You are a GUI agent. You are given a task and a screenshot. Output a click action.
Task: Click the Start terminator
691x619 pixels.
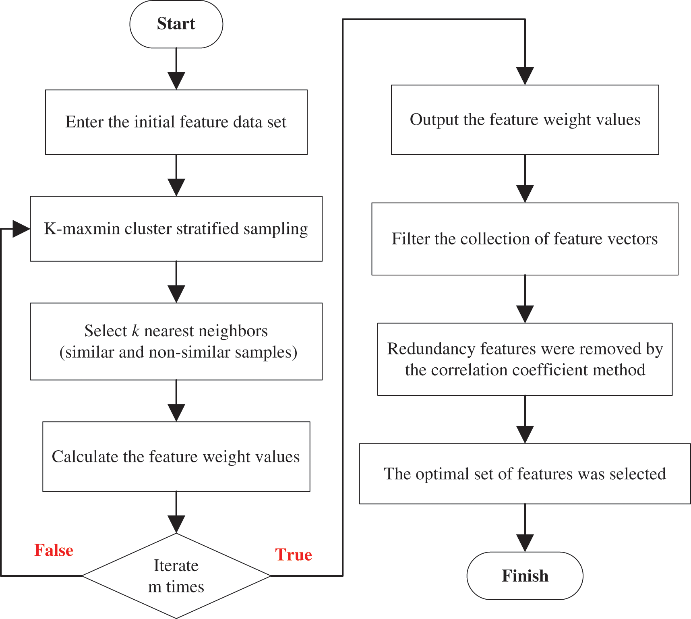point(176,24)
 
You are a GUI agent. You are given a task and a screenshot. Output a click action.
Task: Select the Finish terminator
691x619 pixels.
point(525,576)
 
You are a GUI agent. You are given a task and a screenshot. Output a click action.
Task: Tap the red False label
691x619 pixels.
point(54,550)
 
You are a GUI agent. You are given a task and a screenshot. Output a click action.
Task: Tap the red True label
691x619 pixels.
point(293,555)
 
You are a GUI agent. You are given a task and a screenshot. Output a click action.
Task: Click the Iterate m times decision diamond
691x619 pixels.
point(176,576)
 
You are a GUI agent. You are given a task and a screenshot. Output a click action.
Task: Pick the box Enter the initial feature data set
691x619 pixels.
point(176,122)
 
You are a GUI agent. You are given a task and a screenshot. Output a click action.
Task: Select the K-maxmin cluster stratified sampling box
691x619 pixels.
point(176,229)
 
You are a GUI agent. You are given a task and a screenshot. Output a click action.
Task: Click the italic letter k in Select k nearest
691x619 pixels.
point(136,331)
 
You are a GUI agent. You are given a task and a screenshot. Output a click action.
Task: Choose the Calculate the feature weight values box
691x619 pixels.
point(176,457)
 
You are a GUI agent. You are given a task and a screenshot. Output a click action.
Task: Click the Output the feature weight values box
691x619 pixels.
point(525,120)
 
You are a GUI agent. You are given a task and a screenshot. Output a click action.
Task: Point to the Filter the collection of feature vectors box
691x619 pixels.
point(525,239)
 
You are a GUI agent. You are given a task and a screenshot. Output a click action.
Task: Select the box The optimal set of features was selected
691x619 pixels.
point(525,474)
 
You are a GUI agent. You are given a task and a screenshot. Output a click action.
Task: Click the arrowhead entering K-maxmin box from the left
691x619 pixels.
point(21,229)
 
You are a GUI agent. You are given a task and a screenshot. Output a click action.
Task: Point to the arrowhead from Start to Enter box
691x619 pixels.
point(176,81)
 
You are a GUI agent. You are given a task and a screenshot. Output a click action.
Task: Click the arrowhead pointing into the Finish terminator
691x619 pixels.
point(525,543)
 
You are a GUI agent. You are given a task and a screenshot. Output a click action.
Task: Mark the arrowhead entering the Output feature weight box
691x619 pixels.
point(525,76)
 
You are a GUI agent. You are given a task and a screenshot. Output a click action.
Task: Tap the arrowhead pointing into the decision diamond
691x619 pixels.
point(176,524)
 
